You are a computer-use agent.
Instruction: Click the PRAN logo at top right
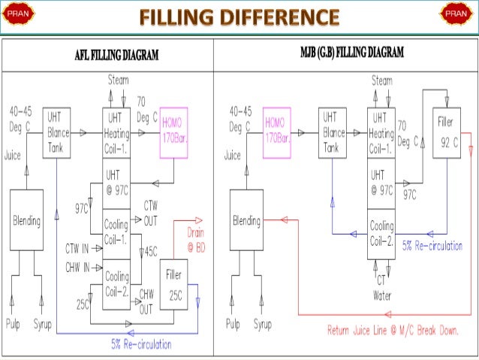click(455, 14)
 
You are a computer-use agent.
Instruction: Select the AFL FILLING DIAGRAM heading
click(111, 54)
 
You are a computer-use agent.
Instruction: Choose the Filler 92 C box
click(447, 132)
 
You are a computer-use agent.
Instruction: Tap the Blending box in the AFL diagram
click(26, 221)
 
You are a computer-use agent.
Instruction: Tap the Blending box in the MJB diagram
click(246, 221)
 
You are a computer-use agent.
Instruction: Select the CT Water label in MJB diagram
click(382, 289)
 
